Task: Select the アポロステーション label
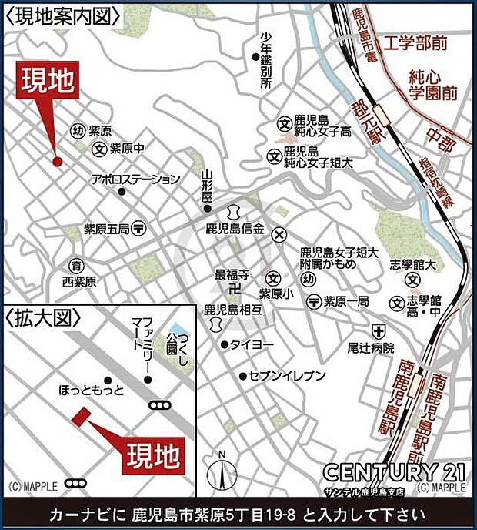coord(135,179)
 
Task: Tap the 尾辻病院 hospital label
coord(370,347)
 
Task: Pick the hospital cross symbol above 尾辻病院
coord(378,330)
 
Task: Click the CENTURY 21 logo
coord(392,471)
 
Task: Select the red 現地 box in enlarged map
coord(155,454)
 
